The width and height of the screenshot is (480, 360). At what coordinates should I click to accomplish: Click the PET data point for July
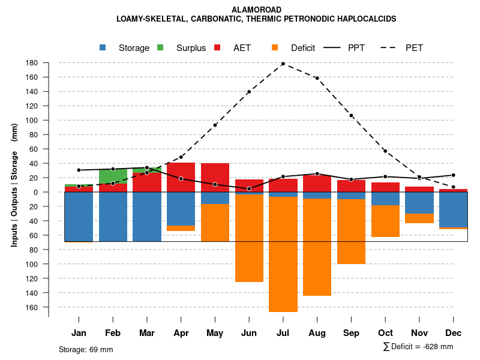[x=283, y=64]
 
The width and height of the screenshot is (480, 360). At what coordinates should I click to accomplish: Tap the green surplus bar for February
[x=113, y=176]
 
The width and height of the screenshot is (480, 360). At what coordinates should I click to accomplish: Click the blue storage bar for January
[x=79, y=217]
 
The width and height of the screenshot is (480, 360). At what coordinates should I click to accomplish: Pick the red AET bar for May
[x=215, y=178]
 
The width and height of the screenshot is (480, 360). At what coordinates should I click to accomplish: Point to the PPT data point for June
[x=249, y=188]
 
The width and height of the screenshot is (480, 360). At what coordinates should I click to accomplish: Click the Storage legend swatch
[x=104, y=48]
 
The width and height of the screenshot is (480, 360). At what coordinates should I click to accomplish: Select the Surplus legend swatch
[x=161, y=48]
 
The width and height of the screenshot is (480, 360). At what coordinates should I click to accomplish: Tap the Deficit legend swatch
[x=275, y=48]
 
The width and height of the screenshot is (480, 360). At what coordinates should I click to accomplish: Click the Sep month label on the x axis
[x=352, y=333]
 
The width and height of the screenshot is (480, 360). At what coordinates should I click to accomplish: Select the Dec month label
[x=454, y=333]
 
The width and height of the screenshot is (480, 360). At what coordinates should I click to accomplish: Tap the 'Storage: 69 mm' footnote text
[x=86, y=349]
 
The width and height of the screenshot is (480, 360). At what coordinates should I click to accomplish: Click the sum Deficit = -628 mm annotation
[x=418, y=346]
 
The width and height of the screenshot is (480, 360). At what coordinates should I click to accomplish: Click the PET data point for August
[x=317, y=78]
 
